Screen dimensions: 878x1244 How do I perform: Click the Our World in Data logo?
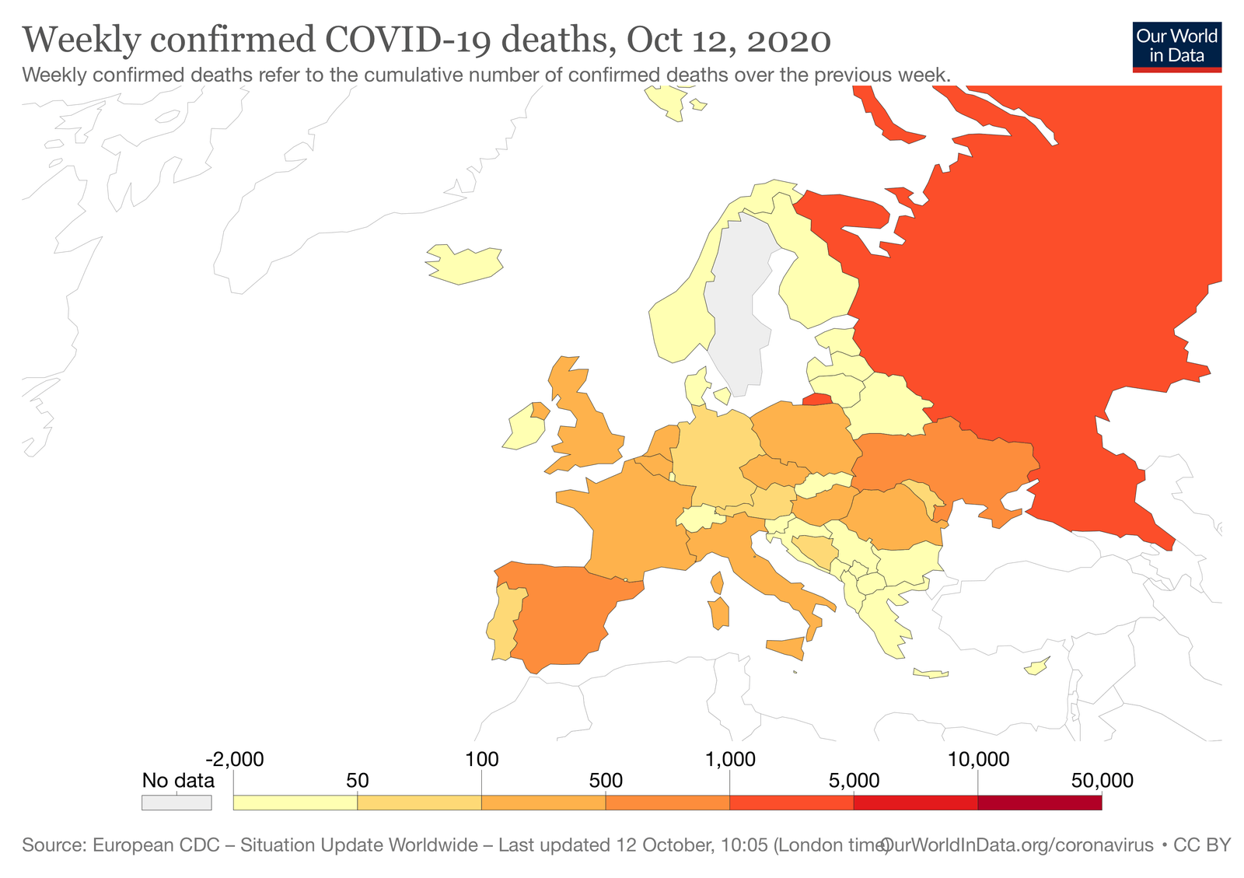coord(1176,47)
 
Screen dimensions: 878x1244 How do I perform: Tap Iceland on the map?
coord(464,264)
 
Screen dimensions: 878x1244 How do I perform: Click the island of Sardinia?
coord(719,613)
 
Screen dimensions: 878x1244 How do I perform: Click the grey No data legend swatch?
coord(176,803)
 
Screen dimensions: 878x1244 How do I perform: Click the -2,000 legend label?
coord(234,759)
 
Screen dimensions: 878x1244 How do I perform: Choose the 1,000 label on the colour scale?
coord(730,759)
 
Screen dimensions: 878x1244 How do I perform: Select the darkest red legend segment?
coord(1039,803)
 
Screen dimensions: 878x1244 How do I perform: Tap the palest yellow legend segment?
coord(295,803)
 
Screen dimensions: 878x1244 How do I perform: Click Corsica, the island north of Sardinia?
coord(717,582)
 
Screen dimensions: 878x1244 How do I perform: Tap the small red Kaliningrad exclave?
coord(816,400)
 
